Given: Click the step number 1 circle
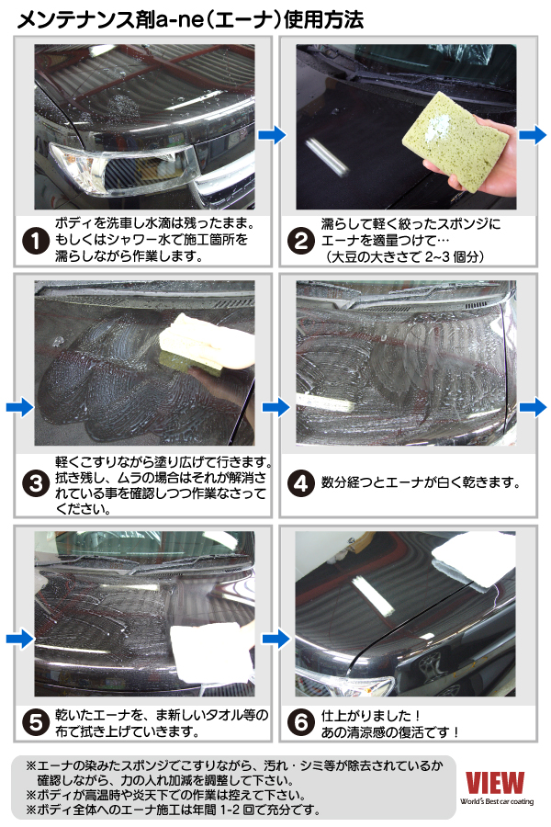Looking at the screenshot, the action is (x=36, y=241).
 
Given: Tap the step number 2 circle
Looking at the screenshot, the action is (x=301, y=241).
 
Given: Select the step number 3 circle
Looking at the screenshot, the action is (x=36, y=483).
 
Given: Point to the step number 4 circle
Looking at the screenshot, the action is (x=301, y=483).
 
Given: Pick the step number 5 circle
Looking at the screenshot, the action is (x=36, y=722).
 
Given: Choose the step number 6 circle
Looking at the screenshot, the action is (x=301, y=722).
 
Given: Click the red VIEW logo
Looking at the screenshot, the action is (x=495, y=782).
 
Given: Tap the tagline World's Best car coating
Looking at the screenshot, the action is (x=497, y=801).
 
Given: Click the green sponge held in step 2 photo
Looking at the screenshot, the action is (x=455, y=141).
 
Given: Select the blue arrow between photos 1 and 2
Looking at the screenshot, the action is (x=272, y=135).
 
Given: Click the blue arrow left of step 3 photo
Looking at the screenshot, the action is (x=20, y=407).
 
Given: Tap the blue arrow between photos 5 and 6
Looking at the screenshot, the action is (x=276, y=639).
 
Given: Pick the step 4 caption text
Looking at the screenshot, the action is (x=421, y=482).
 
